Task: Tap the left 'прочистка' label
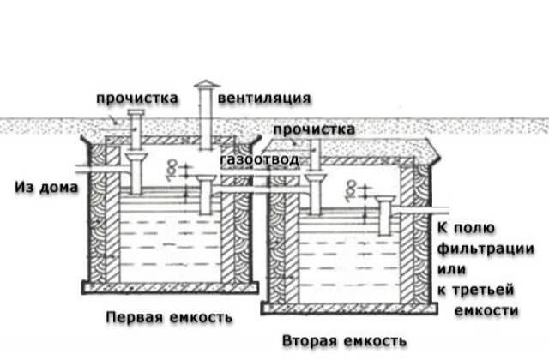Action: [x=138, y=98]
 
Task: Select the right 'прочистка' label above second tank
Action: [x=313, y=129]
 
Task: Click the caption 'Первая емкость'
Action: [x=169, y=317]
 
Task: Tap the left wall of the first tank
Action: [x=101, y=231]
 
